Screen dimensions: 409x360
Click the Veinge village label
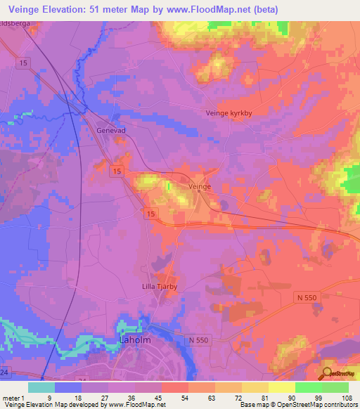coord(200,186)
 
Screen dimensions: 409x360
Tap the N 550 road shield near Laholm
coord(199,340)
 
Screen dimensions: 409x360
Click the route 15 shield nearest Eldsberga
coord(25,63)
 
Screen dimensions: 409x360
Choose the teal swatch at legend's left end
coord(41,387)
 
